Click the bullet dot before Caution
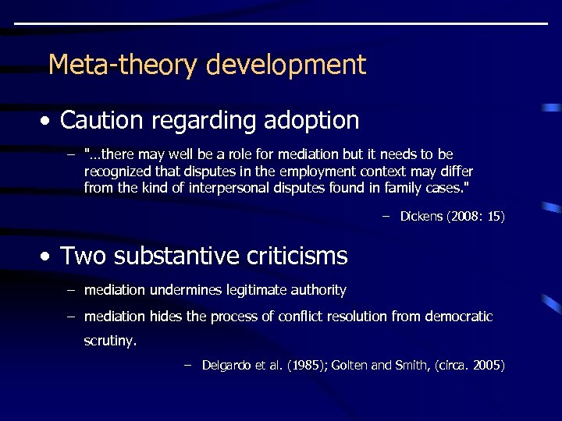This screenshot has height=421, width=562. [x=48, y=122]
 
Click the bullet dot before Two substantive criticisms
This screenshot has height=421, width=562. [x=48, y=256]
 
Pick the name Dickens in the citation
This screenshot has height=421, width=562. [x=422, y=216]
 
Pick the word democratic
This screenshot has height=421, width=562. [x=457, y=317]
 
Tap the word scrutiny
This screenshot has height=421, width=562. [x=109, y=341]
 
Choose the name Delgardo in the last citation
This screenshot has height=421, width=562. [x=228, y=365]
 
